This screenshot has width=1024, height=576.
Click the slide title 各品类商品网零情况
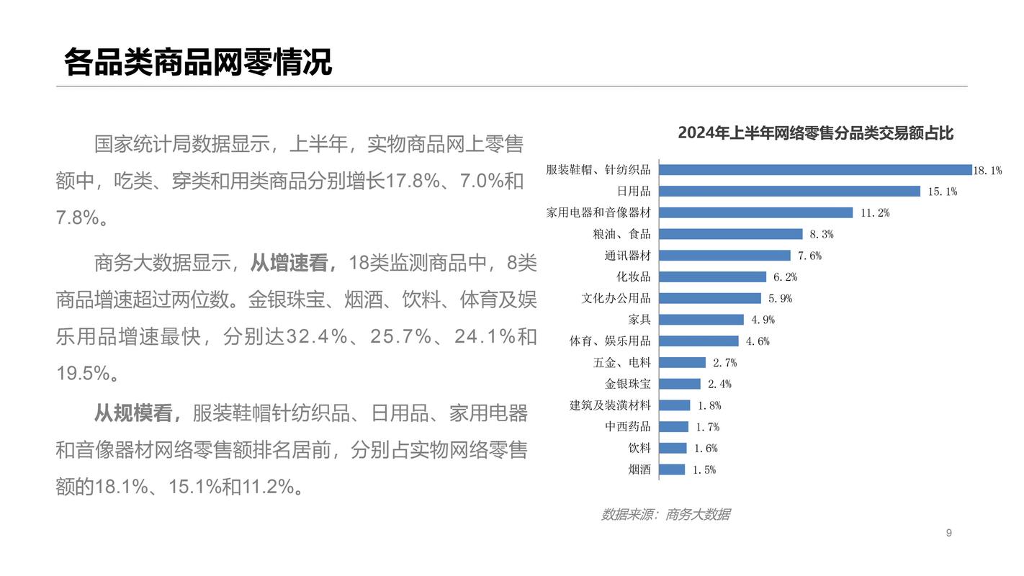point(198,62)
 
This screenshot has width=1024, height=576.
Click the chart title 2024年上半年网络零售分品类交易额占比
point(815,133)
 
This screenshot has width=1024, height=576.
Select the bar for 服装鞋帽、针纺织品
point(815,170)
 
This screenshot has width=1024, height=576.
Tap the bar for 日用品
point(790,192)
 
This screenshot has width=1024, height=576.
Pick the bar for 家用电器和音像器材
point(756,212)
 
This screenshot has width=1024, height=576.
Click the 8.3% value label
point(821,234)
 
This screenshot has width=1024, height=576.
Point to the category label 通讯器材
point(627,256)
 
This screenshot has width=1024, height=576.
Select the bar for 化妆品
point(713,277)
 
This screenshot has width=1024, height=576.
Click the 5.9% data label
point(780,298)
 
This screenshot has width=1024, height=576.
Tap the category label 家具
point(639,320)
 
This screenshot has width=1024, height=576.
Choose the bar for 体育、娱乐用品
point(699,341)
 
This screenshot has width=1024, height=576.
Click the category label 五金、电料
point(621,363)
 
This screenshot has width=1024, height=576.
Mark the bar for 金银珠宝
point(680,384)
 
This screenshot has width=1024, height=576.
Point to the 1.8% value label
point(709,405)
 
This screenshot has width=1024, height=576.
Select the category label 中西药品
point(627,427)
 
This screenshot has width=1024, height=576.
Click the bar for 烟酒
point(673,469)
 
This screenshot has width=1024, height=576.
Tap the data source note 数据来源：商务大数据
point(665,514)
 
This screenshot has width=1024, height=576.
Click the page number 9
point(948,533)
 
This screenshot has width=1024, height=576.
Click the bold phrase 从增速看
point(292,263)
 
